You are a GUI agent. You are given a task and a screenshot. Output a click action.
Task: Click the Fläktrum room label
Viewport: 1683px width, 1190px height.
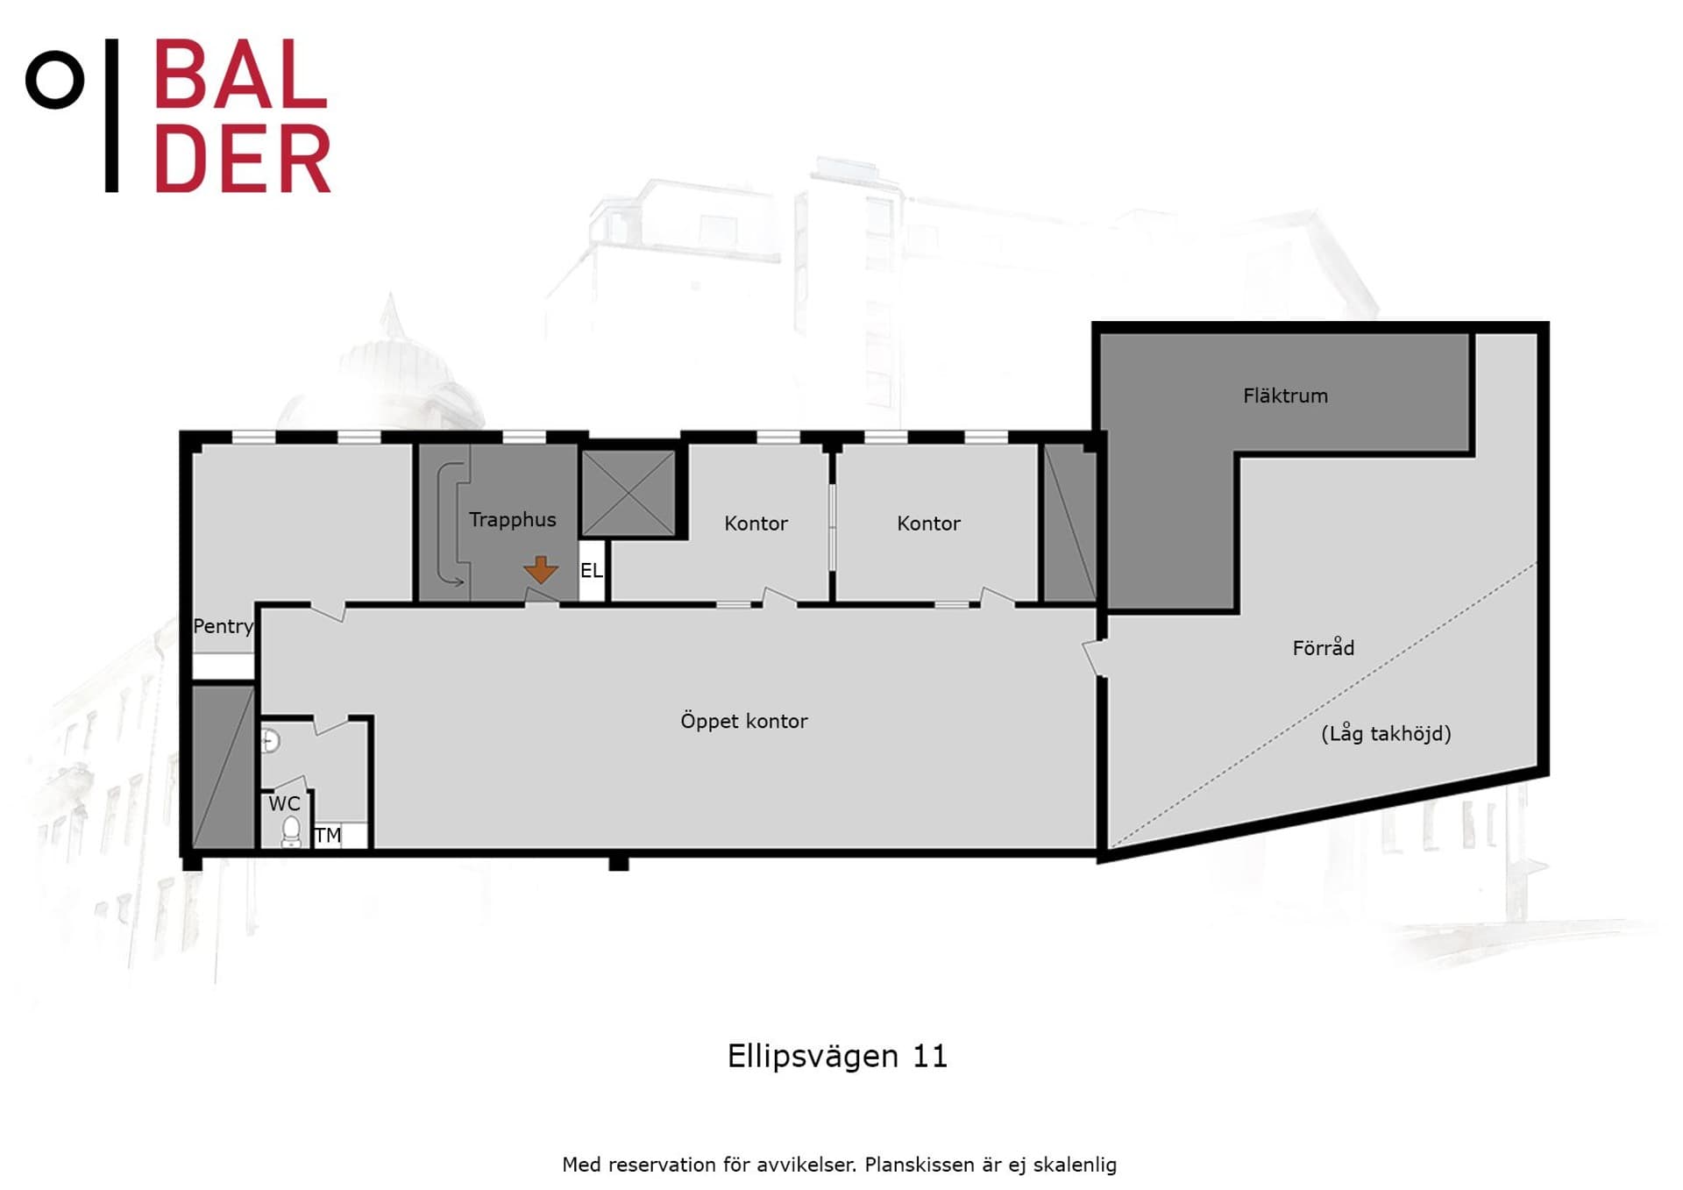coord(1285,395)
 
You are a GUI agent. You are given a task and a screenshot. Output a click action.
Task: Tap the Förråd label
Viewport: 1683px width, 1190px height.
coord(1323,647)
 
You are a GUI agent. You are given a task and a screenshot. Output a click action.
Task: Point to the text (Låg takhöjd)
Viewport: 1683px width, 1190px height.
coord(1386,733)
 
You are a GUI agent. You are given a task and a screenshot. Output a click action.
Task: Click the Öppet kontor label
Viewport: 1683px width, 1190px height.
coord(743,721)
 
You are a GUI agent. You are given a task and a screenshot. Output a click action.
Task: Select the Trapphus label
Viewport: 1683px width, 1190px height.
coord(512,520)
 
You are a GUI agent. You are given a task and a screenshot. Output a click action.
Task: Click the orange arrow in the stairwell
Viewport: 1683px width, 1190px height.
coord(541,570)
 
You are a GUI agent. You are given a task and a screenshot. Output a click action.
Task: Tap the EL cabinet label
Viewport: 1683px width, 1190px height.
coord(591,571)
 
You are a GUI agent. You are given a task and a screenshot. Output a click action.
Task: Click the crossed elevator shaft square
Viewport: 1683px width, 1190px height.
coord(628,493)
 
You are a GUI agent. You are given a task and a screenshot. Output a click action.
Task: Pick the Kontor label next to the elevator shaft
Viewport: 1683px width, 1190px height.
coord(756,524)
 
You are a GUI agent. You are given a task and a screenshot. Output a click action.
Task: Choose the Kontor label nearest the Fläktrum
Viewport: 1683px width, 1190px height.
coord(928,524)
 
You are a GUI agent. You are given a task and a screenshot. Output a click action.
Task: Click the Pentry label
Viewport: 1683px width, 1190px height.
coord(223,626)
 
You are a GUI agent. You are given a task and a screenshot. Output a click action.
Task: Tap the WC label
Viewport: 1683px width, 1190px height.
coord(284,803)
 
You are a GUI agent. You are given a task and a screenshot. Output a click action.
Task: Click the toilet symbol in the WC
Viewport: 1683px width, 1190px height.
coord(291,831)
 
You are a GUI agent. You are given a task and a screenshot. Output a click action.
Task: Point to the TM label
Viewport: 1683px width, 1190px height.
coord(328,835)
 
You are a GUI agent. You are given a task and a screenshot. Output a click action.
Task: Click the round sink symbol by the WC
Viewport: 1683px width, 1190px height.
coord(270,742)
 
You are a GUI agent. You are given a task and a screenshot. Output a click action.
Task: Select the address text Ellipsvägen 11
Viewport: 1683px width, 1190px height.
coord(837,1056)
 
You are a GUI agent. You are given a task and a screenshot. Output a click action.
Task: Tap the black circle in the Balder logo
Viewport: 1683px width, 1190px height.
coord(55,80)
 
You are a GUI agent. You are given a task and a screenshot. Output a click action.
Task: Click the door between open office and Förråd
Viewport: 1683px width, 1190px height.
coord(1092,658)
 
